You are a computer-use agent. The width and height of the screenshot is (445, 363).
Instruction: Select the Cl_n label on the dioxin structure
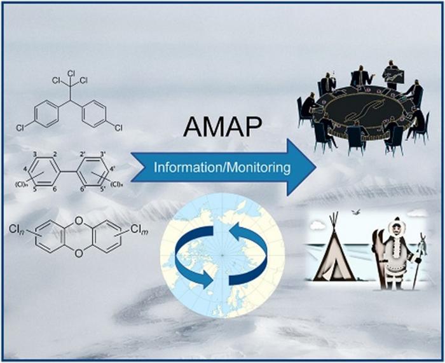(x=17, y=228)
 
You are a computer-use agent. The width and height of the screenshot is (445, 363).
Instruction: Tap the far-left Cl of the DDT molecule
(x=20, y=128)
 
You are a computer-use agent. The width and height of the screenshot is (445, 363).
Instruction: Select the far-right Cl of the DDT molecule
(x=118, y=128)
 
